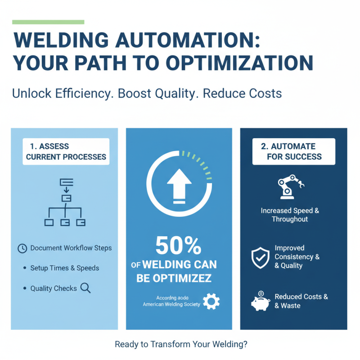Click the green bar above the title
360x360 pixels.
click(x=48, y=22)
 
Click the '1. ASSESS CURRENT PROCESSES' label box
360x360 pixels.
click(x=66, y=152)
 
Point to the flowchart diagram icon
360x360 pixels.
click(x=66, y=202)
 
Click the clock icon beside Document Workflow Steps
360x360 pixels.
click(x=22, y=248)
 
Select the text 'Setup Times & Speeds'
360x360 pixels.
click(x=64, y=268)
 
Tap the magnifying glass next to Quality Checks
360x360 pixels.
click(x=85, y=288)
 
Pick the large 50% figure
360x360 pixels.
click(x=179, y=246)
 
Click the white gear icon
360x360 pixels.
click(x=211, y=301)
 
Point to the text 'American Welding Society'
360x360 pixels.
click(x=171, y=305)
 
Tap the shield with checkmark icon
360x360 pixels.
click(x=260, y=257)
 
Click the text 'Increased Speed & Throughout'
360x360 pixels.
click(x=290, y=215)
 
